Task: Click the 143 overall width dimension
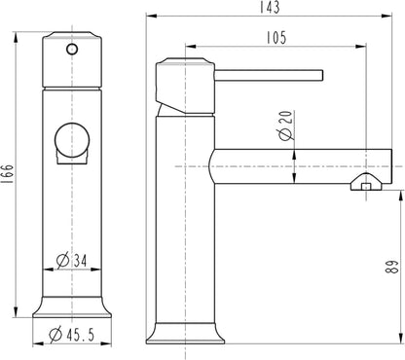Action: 270,7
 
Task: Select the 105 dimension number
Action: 276,37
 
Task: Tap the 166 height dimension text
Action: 7,174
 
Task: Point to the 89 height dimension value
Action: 392,267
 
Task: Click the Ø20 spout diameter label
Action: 285,126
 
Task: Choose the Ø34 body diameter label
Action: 72,260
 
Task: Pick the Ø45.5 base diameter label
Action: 71,335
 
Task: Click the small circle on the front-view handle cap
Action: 72,50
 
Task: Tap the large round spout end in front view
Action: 72,141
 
